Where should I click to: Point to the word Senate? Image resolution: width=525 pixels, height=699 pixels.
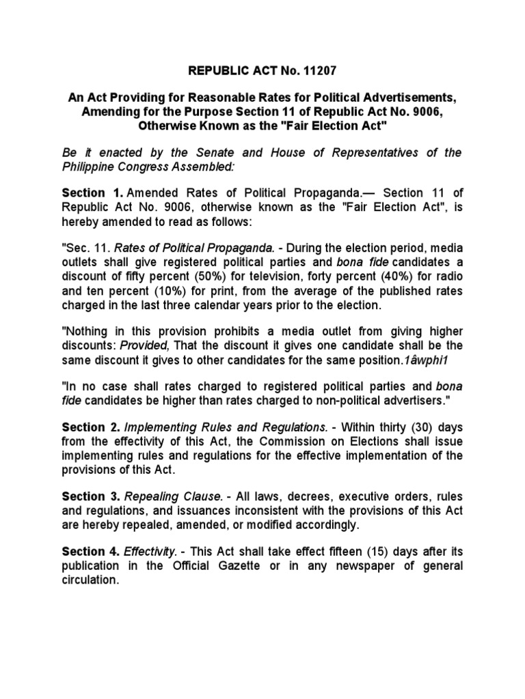pyautogui.click(x=239, y=152)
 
